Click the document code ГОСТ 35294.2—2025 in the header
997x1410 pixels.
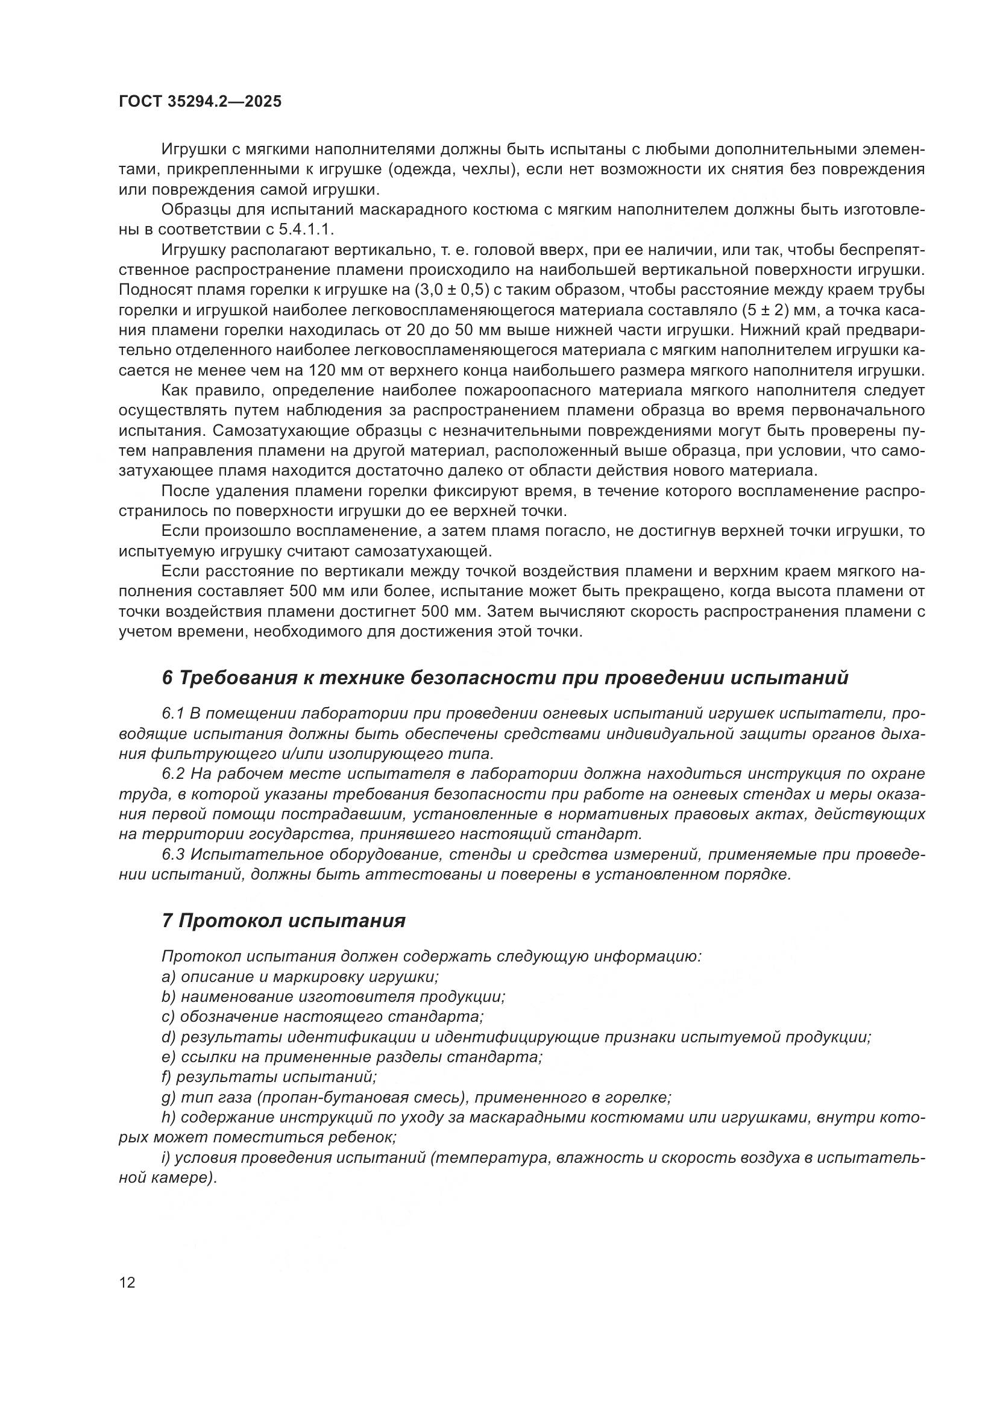click(x=200, y=102)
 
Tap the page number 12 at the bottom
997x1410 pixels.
click(x=127, y=1283)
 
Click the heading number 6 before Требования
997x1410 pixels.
click(x=167, y=678)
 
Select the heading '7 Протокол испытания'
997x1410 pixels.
click(x=284, y=921)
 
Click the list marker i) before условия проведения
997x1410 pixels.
click(x=166, y=1157)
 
